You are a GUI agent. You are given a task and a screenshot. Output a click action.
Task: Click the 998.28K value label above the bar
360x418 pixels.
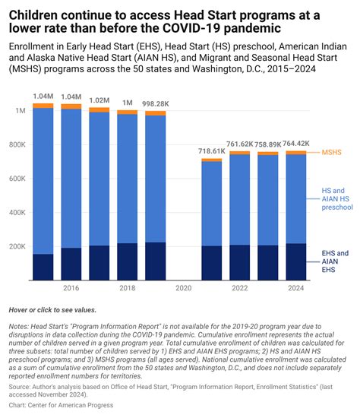pyautogui.click(x=156, y=104)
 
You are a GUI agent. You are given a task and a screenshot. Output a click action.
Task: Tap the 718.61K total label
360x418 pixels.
pyautogui.click(x=212, y=151)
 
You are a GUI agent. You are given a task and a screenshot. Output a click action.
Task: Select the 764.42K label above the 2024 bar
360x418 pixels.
pyautogui.click(x=295, y=144)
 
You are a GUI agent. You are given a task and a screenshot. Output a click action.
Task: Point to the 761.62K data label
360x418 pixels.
pyautogui.click(x=239, y=144)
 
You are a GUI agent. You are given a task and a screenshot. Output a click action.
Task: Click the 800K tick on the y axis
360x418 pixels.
pyautogui.click(x=17, y=144)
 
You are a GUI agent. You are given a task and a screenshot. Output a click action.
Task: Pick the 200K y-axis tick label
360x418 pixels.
pyautogui.click(x=17, y=246)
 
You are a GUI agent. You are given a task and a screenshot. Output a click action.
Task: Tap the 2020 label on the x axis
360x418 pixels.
pyautogui.click(x=184, y=288)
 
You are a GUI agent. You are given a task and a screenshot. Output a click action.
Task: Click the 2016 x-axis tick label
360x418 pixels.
pyautogui.click(x=71, y=288)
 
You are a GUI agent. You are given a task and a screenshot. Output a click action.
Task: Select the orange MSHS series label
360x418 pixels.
pyautogui.click(x=331, y=152)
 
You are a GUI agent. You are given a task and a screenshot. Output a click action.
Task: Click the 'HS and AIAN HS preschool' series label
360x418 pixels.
pyautogui.click(x=337, y=199)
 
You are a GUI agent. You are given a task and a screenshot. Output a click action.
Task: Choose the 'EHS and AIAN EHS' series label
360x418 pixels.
pyautogui.click(x=335, y=261)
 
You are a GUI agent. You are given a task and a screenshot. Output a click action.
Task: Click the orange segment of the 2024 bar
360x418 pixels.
pyautogui.click(x=296, y=153)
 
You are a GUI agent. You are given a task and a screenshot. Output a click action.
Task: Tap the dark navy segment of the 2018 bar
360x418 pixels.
pyautogui.click(x=128, y=261)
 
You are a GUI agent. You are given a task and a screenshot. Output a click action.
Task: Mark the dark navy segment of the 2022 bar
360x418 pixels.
pyautogui.click(x=240, y=263)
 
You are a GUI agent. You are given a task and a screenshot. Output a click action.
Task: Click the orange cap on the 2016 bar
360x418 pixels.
pyautogui.click(x=71, y=106)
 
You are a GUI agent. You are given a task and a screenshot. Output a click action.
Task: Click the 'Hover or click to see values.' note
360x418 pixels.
pyautogui.click(x=52, y=310)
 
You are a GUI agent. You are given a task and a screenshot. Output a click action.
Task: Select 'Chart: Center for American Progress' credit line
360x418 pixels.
pyautogui.click(x=61, y=405)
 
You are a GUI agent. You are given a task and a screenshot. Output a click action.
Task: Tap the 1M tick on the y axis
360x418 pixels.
pyautogui.click(x=21, y=111)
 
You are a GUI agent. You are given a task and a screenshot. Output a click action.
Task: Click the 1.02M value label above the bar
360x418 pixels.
pyautogui.click(x=99, y=100)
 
